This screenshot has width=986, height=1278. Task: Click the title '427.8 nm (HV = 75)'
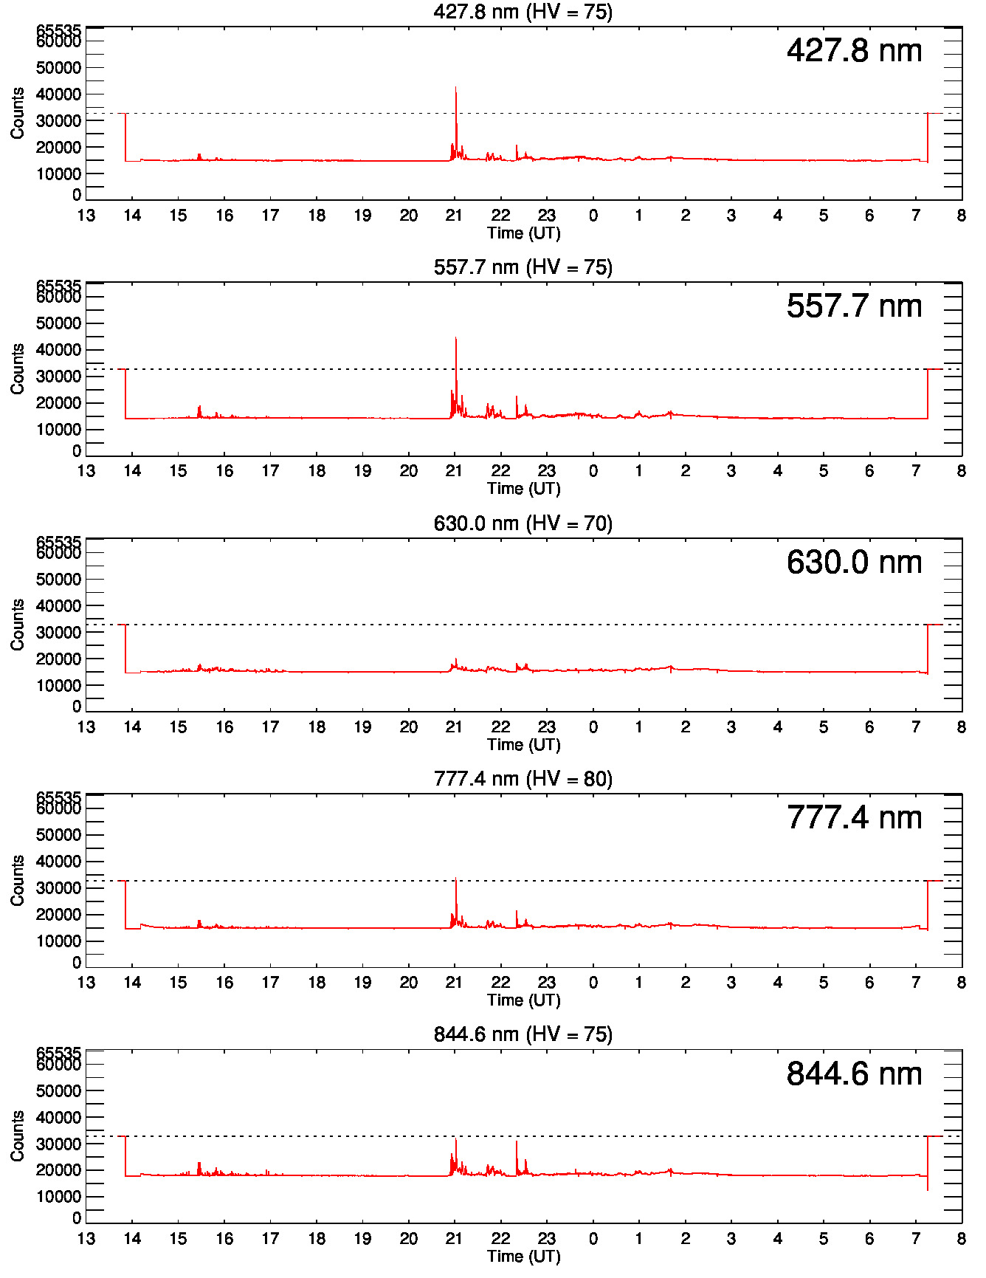(x=523, y=12)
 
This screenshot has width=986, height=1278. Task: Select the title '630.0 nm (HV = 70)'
(x=523, y=523)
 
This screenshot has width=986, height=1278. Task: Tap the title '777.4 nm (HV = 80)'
(x=523, y=779)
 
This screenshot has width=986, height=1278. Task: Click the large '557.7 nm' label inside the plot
(x=854, y=306)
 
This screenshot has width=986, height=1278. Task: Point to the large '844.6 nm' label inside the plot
(x=854, y=1073)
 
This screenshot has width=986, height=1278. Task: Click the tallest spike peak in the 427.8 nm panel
(x=455, y=88)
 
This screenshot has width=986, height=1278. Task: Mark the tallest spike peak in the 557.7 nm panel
(x=455, y=338)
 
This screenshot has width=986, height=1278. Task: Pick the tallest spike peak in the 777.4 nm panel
(x=455, y=879)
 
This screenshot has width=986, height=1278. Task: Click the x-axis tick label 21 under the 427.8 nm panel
(x=454, y=216)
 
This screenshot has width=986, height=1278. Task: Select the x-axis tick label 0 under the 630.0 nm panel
(x=593, y=727)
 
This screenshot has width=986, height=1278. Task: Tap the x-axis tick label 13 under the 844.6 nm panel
(x=86, y=1239)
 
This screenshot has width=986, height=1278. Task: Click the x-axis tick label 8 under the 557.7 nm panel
(x=961, y=471)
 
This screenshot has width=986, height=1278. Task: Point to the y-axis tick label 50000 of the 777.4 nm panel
(x=58, y=835)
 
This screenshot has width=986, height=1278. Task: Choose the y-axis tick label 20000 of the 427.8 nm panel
(x=58, y=148)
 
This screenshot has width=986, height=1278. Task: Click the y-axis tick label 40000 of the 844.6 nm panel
(x=58, y=1118)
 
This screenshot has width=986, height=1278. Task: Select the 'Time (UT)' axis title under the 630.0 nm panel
(x=523, y=744)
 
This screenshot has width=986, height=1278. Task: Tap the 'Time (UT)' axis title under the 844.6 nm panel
(x=523, y=1256)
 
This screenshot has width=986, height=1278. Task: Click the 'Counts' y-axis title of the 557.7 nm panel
(x=17, y=368)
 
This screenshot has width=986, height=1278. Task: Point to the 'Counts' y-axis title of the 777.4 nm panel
(x=17, y=880)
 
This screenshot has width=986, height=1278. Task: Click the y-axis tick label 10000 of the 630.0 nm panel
(x=58, y=686)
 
